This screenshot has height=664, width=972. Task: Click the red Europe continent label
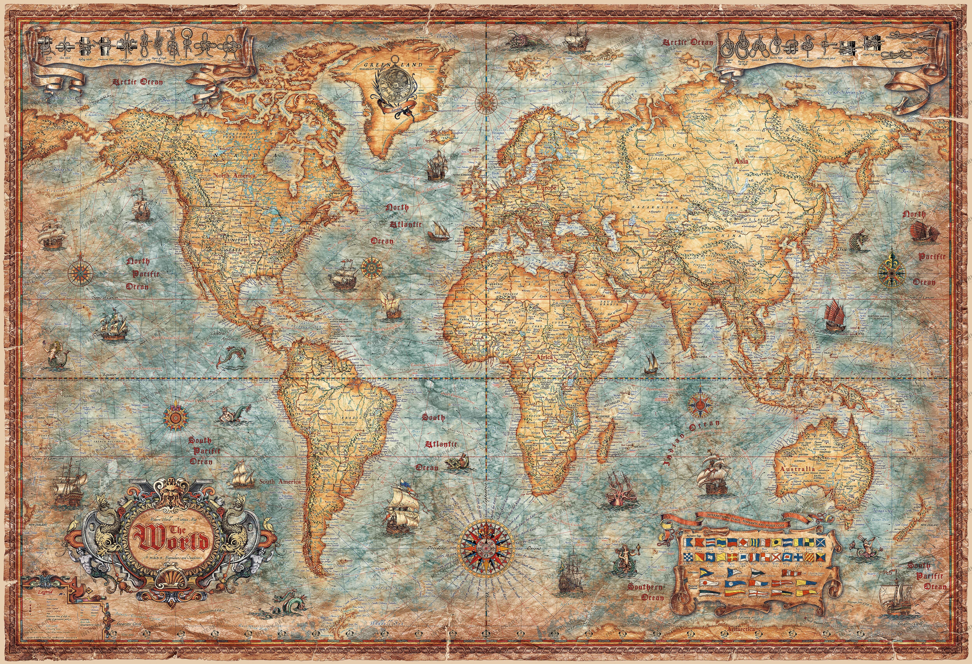click(x=546, y=188)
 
